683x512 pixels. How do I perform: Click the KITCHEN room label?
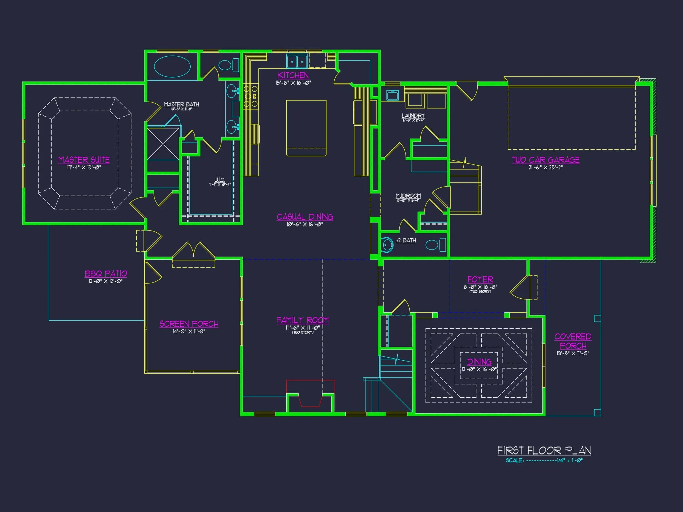[x=293, y=75]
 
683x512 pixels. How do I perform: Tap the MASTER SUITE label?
[x=84, y=160]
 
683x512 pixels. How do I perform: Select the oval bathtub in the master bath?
[x=172, y=66]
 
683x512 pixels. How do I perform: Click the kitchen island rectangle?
[x=306, y=128]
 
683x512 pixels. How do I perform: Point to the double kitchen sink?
[x=297, y=61]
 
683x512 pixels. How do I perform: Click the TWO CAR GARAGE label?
[x=545, y=160]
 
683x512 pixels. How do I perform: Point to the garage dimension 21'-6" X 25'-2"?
[x=545, y=168]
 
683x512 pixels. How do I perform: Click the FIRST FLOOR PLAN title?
[x=544, y=451]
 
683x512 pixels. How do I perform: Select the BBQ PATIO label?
[x=106, y=273]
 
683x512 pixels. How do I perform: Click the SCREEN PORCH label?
[x=189, y=324]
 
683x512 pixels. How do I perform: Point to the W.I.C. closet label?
[x=220, y=180]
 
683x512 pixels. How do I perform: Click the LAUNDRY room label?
[x=413, y=116]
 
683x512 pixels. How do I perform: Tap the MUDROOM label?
[x=408, y=196]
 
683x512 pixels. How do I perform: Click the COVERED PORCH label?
[x=573, y=341]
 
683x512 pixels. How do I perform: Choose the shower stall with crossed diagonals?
[x=163, y=144]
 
